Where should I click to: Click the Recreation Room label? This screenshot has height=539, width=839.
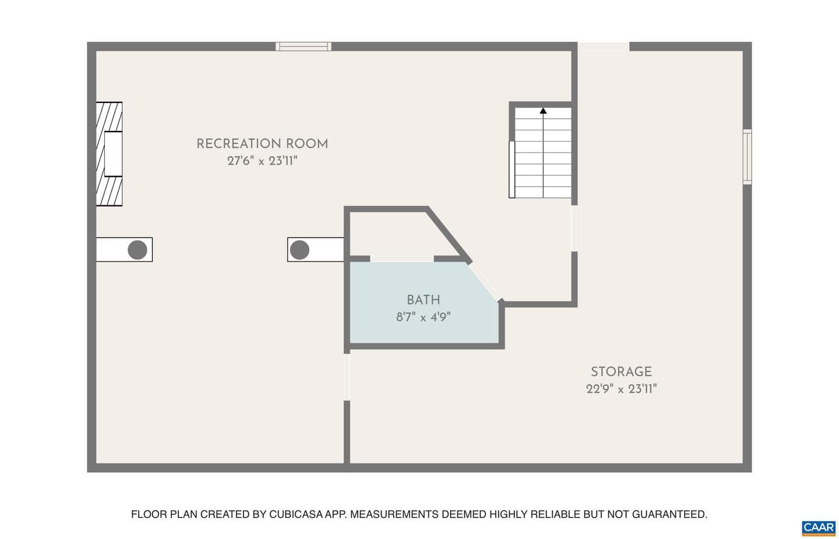pos(262,144)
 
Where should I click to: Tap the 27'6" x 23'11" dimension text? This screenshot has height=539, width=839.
pos(262,161)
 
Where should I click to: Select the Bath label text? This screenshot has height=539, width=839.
pos(423,300)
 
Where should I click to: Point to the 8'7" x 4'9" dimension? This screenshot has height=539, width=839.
pos(423,317)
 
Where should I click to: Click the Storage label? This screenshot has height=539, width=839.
pos(621,372)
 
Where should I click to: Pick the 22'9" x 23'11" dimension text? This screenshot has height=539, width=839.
pos(621,389)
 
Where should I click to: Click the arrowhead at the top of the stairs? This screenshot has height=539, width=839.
pos(543,111)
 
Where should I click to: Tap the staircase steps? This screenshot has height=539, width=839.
pos(543,153)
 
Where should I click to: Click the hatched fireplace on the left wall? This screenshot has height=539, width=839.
pos(110,154)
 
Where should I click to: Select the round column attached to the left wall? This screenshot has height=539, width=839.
pos(138,250)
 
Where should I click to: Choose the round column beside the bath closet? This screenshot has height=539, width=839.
pos(299,250)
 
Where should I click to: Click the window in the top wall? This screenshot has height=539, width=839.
pos(304,47)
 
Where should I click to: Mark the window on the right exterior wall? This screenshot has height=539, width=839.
pos(747,157)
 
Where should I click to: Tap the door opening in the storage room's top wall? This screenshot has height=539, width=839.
pos(604,47)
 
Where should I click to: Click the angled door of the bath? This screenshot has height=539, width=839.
pos(485,282)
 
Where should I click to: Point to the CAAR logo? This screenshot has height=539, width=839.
pos(819,529)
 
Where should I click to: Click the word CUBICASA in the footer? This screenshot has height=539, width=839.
pos(296,515)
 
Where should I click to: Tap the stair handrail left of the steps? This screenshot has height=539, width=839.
pos(512,169)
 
